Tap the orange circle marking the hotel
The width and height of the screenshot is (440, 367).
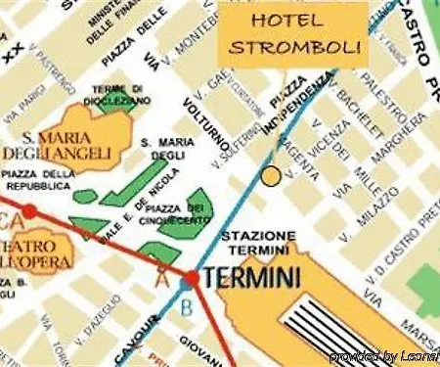(x=271, y=176)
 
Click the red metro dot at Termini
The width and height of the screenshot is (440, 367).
(x=191, y=279)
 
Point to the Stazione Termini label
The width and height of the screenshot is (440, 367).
(x=259, y=245)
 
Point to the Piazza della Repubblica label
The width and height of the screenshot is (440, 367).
(x=39, y=180)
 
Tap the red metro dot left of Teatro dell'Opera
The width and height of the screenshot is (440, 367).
(x=29, y=210)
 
